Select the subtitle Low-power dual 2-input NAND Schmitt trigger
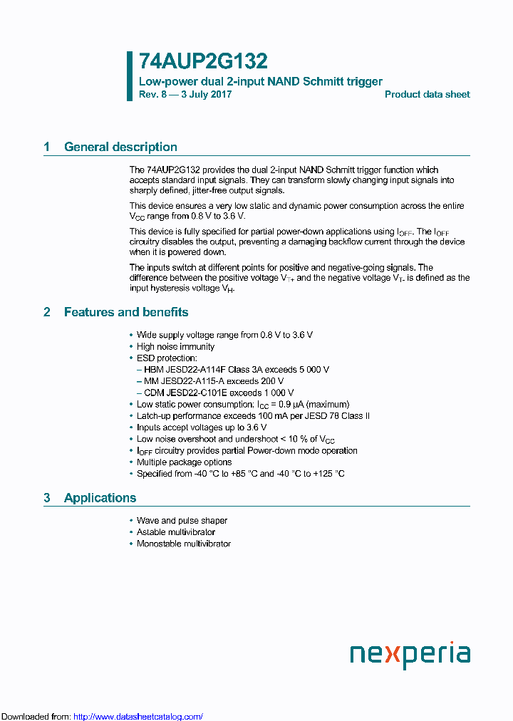260,81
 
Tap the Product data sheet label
427,95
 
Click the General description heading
120,147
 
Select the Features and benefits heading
126,312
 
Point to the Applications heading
100,498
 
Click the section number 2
47,312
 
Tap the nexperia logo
410,655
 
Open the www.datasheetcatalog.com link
138,716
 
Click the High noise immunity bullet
175,346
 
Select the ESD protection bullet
167,358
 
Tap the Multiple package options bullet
184,462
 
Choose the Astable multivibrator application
175,531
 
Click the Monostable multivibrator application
183,544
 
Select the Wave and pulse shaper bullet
182,520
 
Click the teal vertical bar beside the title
130,76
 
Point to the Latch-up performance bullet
252,415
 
